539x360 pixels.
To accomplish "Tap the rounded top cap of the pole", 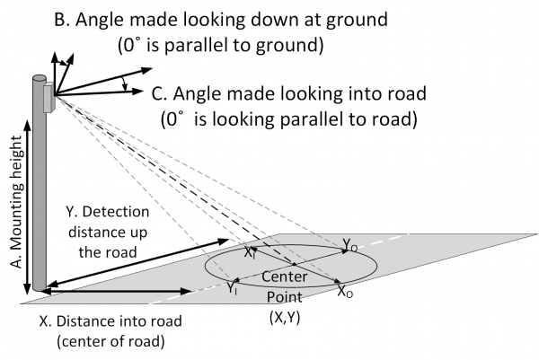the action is pyautogui.click(x=40, y=78).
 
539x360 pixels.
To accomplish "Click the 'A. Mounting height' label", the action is pyautogui.click(x=16, y=202).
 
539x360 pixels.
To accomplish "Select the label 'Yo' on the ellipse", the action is pyautogui.click(x=350, y=244).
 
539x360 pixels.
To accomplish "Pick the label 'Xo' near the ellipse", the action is pyautogui.click(x=345, y=291).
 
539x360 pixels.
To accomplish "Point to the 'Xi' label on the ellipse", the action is pyautogui.click(x=250, y=253).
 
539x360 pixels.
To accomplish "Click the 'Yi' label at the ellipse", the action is pyautogui.click(x=232, y=288).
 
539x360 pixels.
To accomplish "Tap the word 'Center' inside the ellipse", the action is pyautogui.click(x=284, y=277).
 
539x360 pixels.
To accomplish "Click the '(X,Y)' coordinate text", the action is pyautogui.click(x=285, y=317).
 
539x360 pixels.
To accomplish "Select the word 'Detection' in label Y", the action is pyautogui.click(x=116, y=212).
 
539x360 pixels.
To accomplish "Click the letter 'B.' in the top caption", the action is pyautogui.click(x=63, y=19).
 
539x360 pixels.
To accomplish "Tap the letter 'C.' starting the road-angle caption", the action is pyautogui.click(x=159, y=93).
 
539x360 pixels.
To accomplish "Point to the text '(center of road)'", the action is pyautogui.click(x=111, y=341).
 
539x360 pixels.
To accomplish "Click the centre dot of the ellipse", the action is pyautogui.click(x=295, y=264).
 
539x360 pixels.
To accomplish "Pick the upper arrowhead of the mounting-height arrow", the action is pyautogui.click(x=28, y=126).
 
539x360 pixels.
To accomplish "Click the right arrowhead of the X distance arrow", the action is pyautogui.click(x=186, y=291).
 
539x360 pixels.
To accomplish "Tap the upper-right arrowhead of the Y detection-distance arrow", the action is pyautogui.click(x=224, y=241).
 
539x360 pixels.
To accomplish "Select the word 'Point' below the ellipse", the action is pyautogui.click(x=285, y=297).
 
